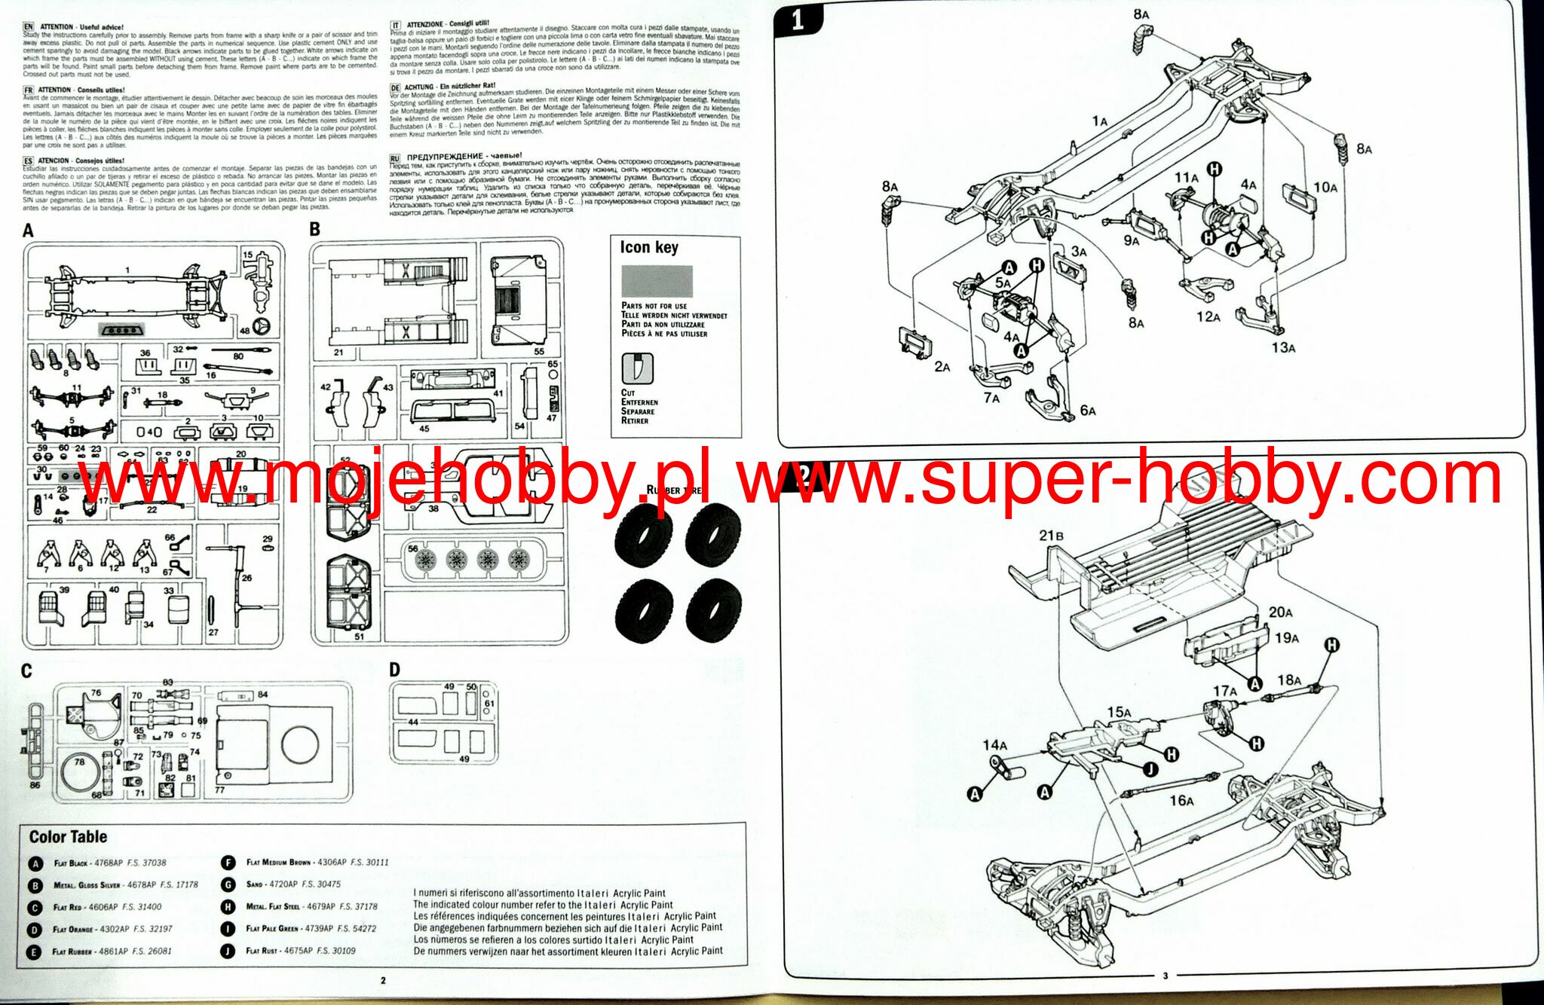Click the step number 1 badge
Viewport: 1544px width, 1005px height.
[798, 20]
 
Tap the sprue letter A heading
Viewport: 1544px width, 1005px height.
[28, 231]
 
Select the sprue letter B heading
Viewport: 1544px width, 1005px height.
[315, 230]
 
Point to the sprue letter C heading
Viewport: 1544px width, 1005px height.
[26, 671]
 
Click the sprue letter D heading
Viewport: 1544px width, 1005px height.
[394, 670]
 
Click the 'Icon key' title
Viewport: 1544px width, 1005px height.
[648, 247]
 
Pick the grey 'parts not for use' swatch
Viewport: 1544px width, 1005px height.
[657, 281]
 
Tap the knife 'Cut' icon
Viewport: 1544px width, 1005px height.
[637, 369]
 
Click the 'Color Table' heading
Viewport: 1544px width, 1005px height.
[68, 836]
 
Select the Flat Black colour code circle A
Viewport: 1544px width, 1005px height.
[35, 863]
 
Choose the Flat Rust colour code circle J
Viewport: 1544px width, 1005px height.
[228, 951]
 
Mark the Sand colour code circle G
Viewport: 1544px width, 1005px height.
[228, 884]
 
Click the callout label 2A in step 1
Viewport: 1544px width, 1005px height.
[942, 367]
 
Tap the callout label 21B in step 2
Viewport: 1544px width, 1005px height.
[1051, 536]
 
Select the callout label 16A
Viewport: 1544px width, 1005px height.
[1181, 800]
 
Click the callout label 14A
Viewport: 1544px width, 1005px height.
[994, 745]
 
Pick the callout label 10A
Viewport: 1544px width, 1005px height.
[1325, 188]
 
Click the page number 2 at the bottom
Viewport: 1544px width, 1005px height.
[383, 980]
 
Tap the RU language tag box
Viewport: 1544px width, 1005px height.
[395, 158]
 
